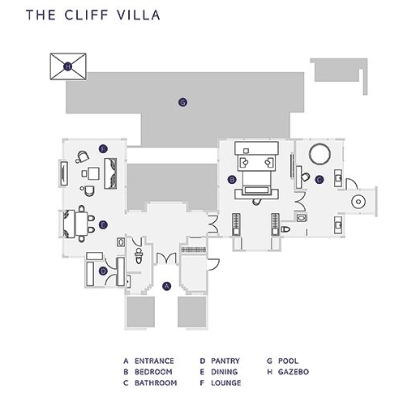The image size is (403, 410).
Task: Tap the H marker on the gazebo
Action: [68, 66]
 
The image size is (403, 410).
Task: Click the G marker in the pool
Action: [183, 102]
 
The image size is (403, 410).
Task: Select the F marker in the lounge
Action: [103, 149]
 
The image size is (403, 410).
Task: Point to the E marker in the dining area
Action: [103, 224]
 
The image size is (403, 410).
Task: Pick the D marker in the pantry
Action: [103, 271]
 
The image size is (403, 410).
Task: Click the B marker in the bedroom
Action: [232, 179]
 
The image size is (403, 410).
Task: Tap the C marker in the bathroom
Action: [319, 179]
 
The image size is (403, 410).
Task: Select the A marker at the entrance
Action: [166, 285]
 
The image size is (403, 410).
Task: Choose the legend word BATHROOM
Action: [156, 382]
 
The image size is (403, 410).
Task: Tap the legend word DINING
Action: [224, 372]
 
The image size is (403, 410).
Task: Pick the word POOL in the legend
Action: [288, 361]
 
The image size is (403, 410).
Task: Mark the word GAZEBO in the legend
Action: [293, 372]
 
